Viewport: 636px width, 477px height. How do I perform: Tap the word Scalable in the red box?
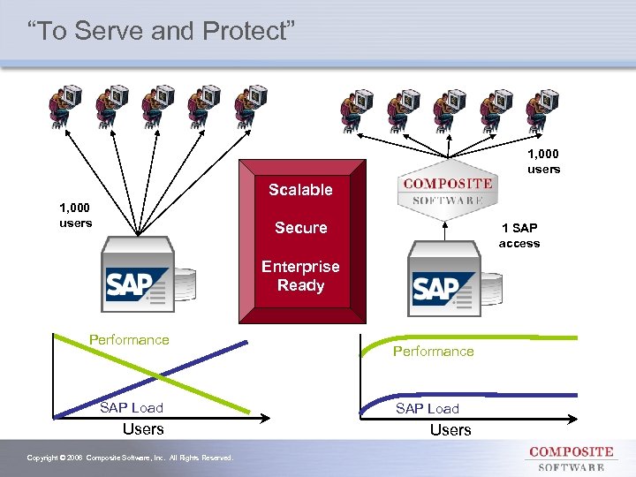[300, 190]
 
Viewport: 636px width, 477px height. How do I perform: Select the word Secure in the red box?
[300, 228]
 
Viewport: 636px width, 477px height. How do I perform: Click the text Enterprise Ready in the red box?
[300, 276]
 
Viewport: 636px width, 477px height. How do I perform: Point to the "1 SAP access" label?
[519, 236]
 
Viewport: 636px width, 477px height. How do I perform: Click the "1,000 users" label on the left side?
[75, 216]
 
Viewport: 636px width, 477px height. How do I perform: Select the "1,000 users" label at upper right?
[543, 162]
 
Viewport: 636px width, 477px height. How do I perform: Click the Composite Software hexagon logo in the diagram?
[447, 190]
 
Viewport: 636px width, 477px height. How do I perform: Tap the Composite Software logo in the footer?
[571, 458]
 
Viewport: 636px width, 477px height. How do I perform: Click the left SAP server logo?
[137, 283]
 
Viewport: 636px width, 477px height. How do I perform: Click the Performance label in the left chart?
[129, 340]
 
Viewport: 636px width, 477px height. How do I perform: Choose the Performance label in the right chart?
[433, 352]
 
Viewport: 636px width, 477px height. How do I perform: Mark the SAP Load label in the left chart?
[131, 407]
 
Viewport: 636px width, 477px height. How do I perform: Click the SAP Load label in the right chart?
[428, 408]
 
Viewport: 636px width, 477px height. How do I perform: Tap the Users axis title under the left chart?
[143, 429]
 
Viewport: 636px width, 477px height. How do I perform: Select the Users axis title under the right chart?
[450, 430]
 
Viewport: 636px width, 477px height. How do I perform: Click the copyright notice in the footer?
[130, 458]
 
